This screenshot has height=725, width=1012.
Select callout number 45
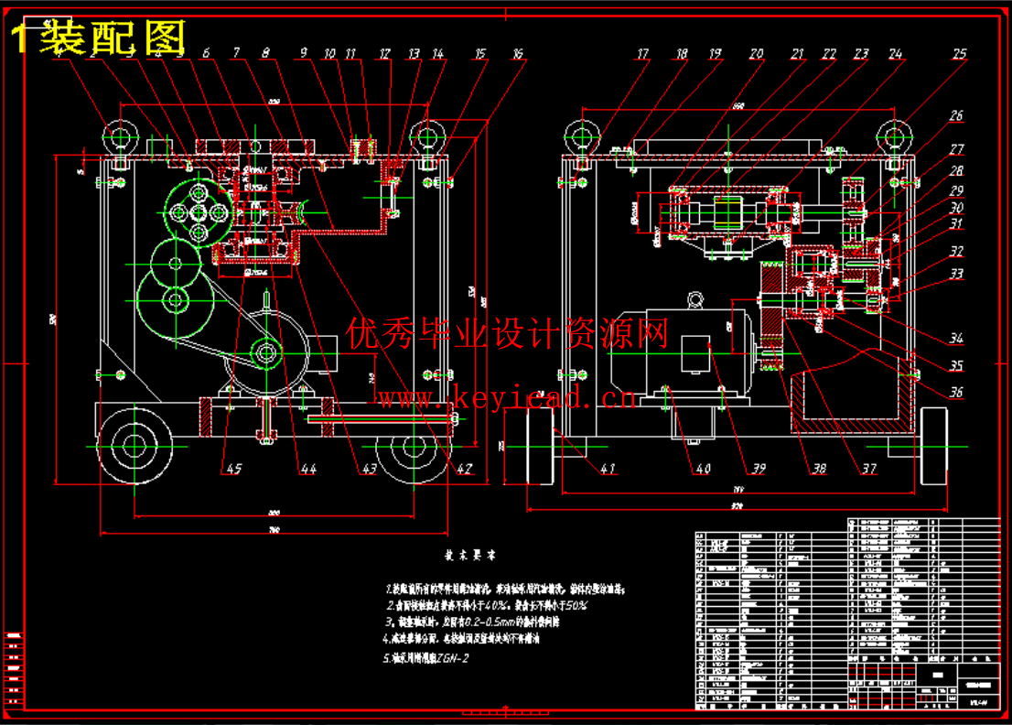tap(233, 469)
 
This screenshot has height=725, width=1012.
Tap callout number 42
tap(465, 469)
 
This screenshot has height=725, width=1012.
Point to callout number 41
tap(607, 469)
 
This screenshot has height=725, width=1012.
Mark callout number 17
tap(642, 55)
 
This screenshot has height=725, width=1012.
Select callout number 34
tap(956, 339)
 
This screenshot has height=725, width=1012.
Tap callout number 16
tap(517, 55)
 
